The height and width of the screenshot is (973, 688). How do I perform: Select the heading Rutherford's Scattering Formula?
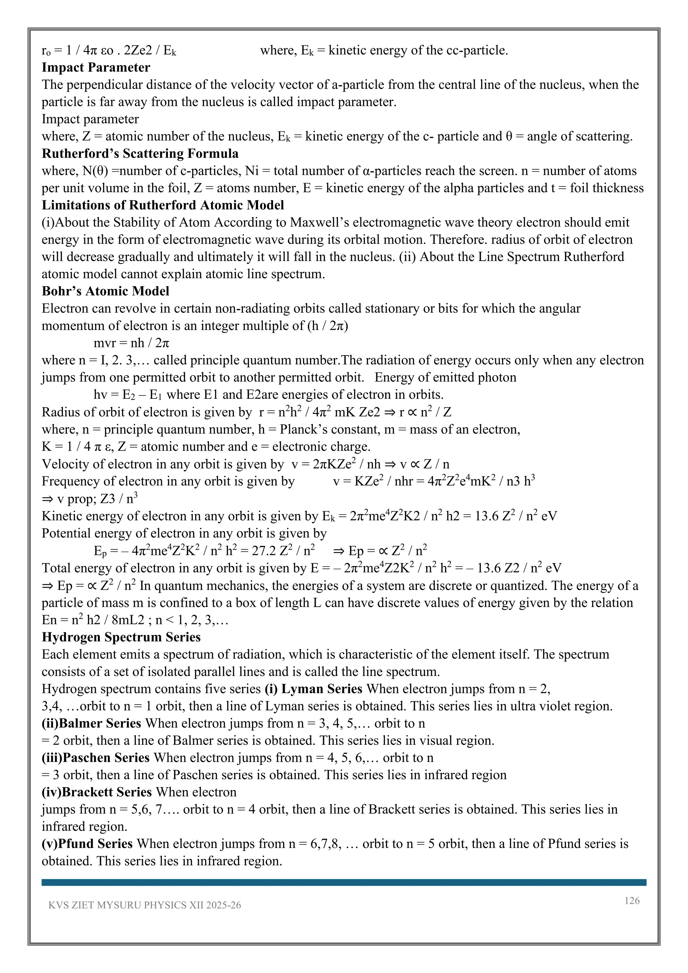(140, 154)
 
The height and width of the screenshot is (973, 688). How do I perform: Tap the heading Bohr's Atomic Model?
(105, 291)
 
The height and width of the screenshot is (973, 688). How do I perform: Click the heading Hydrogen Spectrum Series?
(121, 637)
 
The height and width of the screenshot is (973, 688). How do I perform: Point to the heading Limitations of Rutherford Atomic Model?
(163, 205)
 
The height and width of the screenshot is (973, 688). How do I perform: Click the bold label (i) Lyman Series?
(313, 689)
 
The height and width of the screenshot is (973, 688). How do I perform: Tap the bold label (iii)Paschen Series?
(95, 758)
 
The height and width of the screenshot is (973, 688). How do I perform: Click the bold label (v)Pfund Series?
(87, 843)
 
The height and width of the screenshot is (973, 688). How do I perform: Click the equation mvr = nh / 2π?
(131, 343)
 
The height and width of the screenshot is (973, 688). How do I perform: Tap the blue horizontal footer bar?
(344, 882)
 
